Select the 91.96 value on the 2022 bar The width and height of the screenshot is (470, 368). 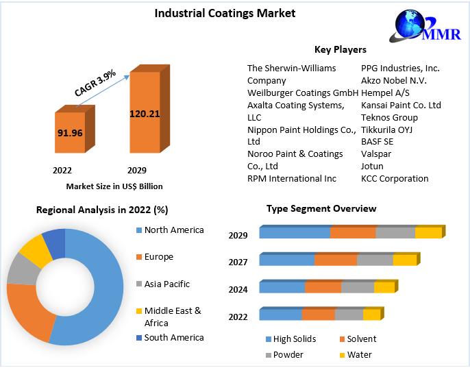coord(69,132)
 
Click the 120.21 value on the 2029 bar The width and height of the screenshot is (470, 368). coord(144,113)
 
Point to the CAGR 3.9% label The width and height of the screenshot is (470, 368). coord(95,82)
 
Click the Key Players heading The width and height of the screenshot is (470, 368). coord(340,49)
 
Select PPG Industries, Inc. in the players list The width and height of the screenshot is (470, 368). coord(400,68)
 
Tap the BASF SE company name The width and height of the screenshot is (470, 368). coord(377,142)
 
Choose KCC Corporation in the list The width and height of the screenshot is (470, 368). coord(395,178)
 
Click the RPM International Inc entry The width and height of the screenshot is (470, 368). coord(292,178)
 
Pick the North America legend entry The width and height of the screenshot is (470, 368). coord(173,230)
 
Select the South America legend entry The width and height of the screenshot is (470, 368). coord(173,337)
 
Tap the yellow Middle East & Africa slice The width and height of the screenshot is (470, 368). coord(34,249)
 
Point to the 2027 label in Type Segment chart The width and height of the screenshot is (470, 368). coord(238,261)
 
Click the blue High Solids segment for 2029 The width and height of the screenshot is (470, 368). coord(295,233)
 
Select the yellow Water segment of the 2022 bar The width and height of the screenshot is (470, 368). coord(371,315)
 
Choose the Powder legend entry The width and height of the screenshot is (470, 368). coord(288,354)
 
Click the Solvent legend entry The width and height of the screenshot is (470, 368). coord(361,339)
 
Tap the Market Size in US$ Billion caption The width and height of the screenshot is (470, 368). coord(114,186)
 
